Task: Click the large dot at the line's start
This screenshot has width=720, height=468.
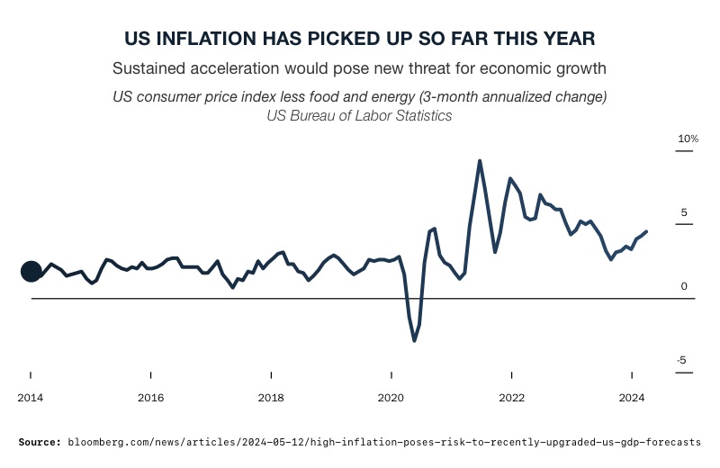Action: click(31, 271)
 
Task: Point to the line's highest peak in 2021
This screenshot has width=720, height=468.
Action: click(480, 161)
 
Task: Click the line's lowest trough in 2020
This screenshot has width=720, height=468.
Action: click(414, 340)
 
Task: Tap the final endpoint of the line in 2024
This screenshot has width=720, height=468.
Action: click(646, 231)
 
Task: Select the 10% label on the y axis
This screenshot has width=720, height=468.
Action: click(688, 139)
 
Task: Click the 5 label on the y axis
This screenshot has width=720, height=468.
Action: click(684, 213)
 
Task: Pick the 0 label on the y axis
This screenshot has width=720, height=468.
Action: click(684, 286)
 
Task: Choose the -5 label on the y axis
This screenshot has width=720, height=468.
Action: click(683, 360)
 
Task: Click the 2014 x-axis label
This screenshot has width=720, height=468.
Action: click(31, 397)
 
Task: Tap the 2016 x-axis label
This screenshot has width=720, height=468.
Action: click(151, 397)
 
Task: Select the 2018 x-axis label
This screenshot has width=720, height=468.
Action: click(271, 397)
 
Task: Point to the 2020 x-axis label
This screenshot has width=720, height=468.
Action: click(391, 397)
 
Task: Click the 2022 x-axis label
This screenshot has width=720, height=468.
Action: click(511, 397)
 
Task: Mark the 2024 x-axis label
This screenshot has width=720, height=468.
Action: click(632, 397)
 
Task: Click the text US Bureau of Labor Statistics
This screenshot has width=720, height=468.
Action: click(360, 115)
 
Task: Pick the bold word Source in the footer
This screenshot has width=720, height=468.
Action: click(40, 442)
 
